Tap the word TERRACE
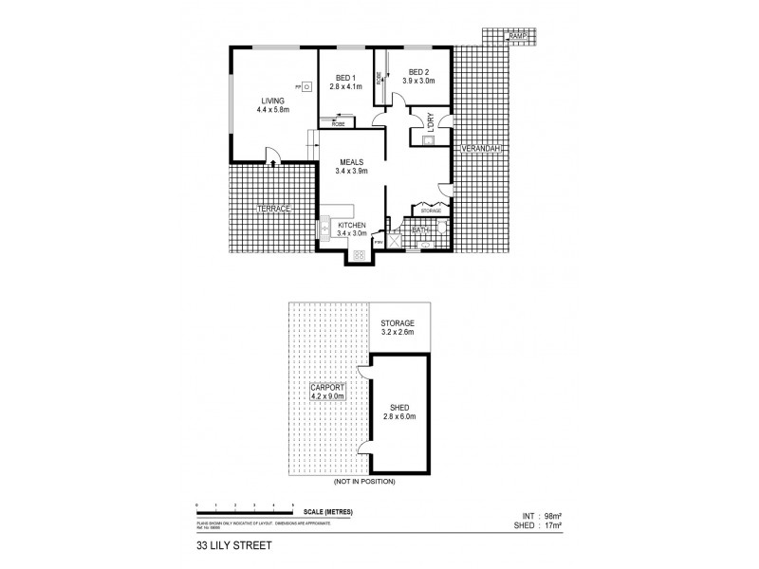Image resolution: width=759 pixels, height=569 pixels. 273,208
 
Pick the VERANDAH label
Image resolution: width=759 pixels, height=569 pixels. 480,149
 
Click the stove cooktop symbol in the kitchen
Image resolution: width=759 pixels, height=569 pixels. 360,253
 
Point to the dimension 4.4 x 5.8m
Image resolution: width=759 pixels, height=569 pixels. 272,110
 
